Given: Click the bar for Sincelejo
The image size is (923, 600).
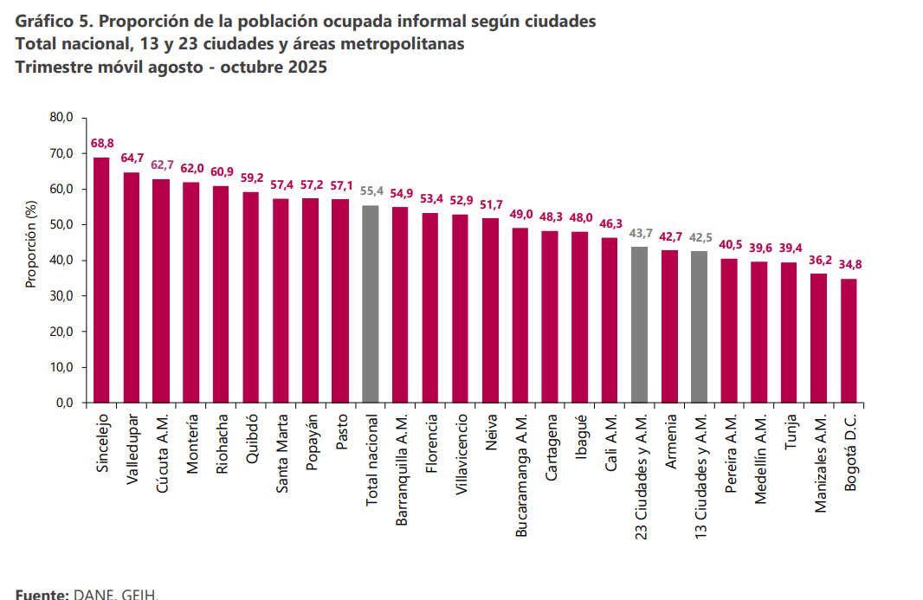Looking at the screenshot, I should [101, 280].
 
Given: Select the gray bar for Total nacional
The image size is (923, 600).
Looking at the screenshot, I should [371, 304].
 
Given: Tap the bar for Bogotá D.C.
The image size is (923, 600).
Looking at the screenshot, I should [849, 340].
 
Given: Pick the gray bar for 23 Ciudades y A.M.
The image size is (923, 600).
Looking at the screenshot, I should [639, 325].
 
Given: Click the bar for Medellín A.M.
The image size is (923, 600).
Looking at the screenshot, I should [758, 332].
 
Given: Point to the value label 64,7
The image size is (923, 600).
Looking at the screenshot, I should [132, 158].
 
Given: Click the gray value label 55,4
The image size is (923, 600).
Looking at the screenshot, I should [371, 190].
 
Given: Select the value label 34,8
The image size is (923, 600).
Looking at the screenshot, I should [850, 264].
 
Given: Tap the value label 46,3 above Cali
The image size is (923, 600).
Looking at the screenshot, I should [610, 223].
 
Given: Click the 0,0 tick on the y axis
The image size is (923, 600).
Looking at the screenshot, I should [68, 403].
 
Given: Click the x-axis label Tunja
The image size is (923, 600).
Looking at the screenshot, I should [789, 433].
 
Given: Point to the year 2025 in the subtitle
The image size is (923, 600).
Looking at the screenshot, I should [307, 67].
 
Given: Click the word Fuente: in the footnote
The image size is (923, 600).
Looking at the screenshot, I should [42, 594].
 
